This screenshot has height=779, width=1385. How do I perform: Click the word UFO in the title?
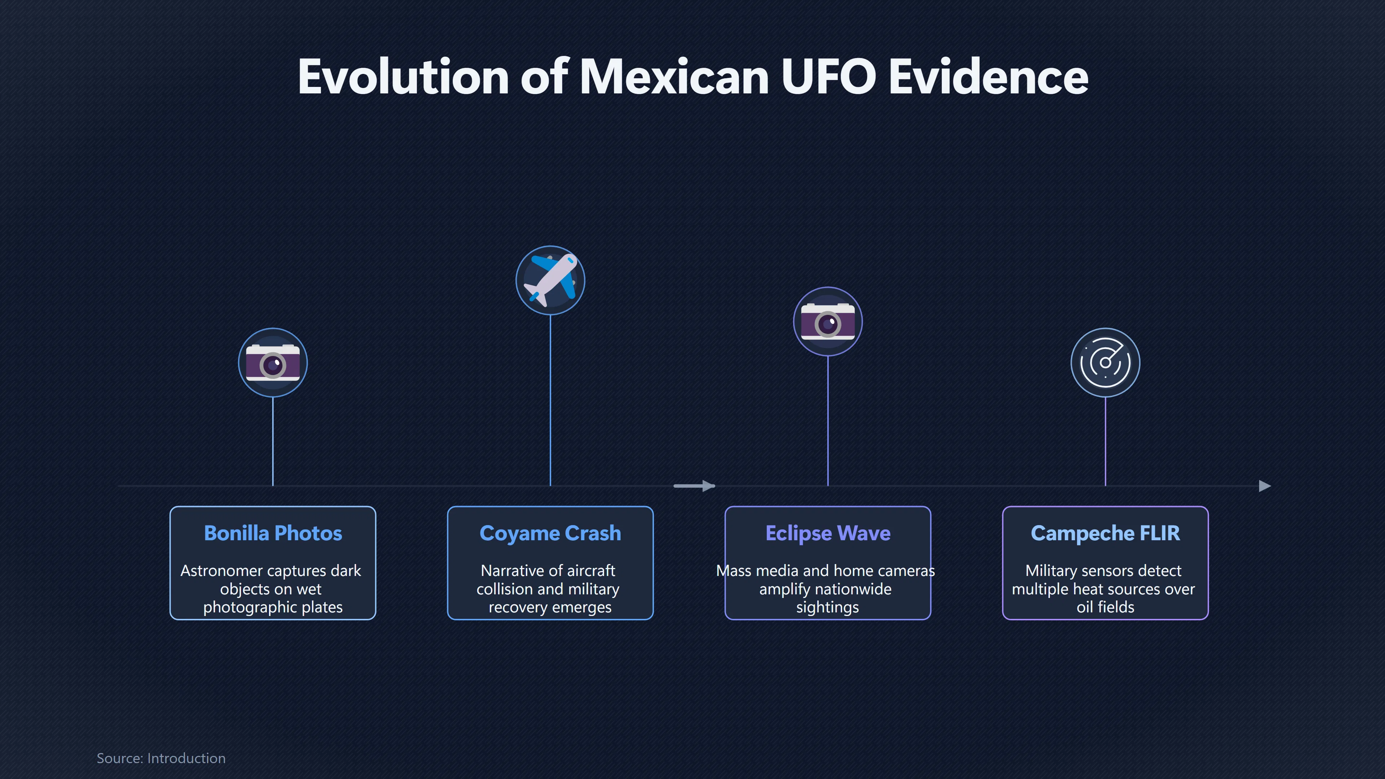828,76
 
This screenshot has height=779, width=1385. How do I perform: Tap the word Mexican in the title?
674,76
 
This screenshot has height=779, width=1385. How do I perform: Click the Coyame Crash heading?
550,533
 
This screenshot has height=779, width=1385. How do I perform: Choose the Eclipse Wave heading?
828,533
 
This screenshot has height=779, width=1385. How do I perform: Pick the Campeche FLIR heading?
1105,533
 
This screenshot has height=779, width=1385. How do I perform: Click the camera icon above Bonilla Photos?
273,363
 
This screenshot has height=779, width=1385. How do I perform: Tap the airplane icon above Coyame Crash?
550,280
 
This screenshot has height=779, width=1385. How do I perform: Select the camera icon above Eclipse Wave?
828,321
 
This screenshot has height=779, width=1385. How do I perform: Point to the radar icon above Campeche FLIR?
1105,363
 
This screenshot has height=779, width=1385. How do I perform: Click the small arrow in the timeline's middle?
694,486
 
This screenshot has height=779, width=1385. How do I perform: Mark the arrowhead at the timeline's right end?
1265,486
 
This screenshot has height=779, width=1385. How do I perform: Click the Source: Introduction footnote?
161,758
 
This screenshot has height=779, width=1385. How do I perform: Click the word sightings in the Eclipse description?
827,607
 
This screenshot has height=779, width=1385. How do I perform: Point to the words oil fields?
1105,607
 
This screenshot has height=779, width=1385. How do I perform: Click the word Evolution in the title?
403,76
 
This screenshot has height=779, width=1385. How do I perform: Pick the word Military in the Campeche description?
1051,571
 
